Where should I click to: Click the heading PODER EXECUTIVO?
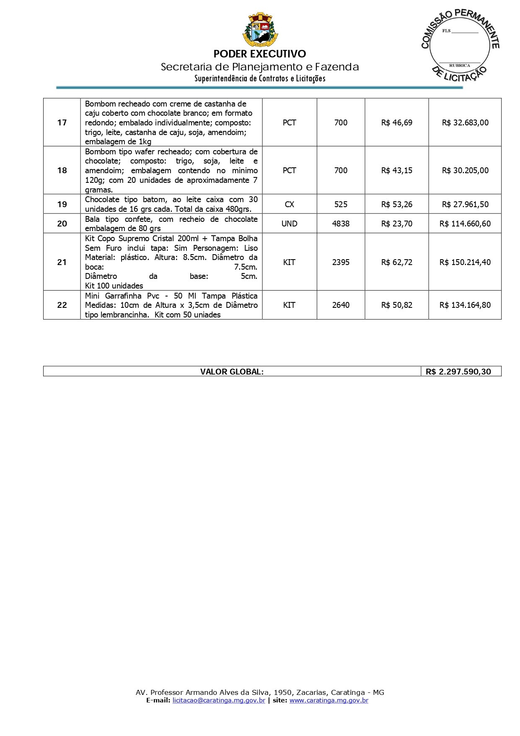click(260, 54)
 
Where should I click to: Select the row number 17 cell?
click(62, 122)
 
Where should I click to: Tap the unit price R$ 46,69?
click(396, 122)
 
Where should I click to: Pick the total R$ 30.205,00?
click(465, 170)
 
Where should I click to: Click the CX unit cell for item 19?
click(289, 204)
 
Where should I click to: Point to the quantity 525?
click(341, 204)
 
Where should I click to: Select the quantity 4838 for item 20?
click(341, 224)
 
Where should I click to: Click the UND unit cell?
click(289, 224)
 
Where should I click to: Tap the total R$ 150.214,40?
click(465, 262)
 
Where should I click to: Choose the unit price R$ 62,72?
click(396, 262)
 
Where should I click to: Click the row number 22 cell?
click(62, 305)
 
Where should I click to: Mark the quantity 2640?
click(341, 305)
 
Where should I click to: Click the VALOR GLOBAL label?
click(232, 372)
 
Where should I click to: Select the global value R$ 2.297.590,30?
click(458, 372)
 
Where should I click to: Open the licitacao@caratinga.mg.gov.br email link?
click(219, 700)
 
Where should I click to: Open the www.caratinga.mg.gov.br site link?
click(329, 700)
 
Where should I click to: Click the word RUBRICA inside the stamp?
click(460, 65)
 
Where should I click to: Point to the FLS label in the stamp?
click(446, 31)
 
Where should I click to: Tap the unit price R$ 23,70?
click(396, 224)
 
